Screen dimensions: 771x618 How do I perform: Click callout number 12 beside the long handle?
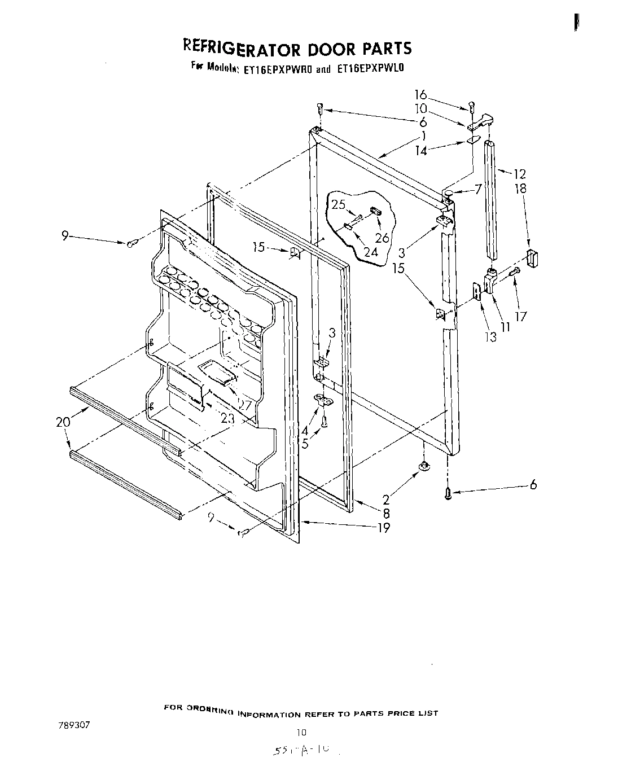click(x=519, y=174)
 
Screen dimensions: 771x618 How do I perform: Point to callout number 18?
click(x=520, y=189)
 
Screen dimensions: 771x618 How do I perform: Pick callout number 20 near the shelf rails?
click(x=63, y=422)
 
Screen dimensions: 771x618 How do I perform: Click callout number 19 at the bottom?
click(x=383, y=528)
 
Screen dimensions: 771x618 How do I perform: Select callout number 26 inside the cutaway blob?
click(x=382, y=238)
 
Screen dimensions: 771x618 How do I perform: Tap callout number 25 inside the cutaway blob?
click(x=339, y=204)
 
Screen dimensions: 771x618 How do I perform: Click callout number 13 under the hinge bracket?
click(x=490, y=337)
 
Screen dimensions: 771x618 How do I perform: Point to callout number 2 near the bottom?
click(x=387, y=500)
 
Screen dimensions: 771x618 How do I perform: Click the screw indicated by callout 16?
click(x=472, y=106)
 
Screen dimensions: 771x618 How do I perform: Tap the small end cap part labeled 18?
click(x=532, y=259)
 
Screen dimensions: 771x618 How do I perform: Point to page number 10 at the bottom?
click(x=301, y=733)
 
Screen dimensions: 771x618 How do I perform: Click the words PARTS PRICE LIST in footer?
click(x=396, y=713)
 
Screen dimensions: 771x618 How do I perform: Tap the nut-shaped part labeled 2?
click(x=423, y=465)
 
